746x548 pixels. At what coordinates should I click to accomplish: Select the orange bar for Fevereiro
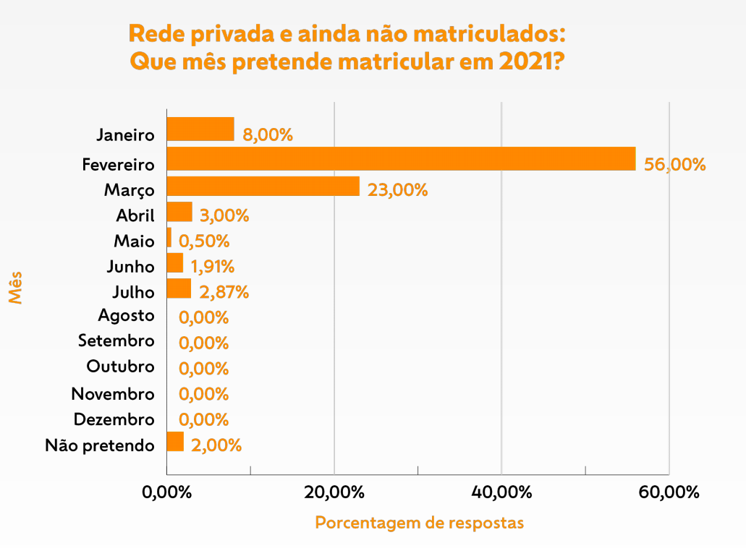[x=401, y=159]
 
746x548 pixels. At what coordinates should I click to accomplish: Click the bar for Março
[x=263, y=187]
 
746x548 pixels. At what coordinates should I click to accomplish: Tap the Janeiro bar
[x=200, y=129]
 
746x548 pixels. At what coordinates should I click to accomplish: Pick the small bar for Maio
[x=169, y=238]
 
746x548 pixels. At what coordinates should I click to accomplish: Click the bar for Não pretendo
[x=175, y=442]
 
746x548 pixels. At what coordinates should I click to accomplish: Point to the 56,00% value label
[x=674, y=165]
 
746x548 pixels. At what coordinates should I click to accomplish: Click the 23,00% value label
[x=397, y=190]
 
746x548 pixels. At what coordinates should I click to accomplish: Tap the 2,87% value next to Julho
[x=224, y=292]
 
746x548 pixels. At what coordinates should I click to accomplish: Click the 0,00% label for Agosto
[x=203, y=317]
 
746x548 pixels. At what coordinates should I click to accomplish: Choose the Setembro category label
[x=116, y=341]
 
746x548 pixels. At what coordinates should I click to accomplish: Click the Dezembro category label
[x=114, y=420]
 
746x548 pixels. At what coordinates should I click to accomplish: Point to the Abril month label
[x=135, y=215]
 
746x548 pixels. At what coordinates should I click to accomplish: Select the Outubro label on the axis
[x=120, y=367]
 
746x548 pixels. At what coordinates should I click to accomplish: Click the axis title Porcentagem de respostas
[x=419, y=523]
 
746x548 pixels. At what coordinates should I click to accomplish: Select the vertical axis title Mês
[x=16, y=287]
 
